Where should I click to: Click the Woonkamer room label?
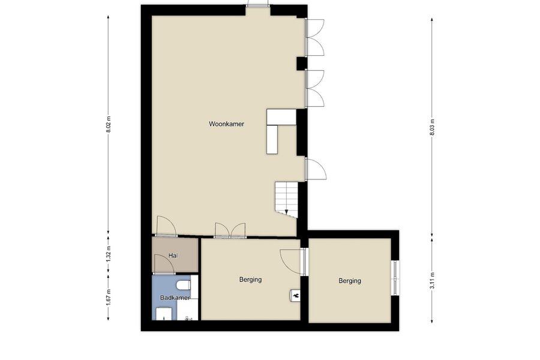226,124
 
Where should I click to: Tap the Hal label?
173,256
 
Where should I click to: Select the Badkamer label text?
175,298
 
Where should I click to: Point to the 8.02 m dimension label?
109,124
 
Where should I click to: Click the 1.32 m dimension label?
109,254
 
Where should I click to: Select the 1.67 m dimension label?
109,296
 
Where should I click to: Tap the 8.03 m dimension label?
432,127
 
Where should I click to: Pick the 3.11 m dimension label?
432,281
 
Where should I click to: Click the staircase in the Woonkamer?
286,200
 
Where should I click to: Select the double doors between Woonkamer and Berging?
230,230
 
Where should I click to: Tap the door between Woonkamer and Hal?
166,226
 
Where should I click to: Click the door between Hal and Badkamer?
164,265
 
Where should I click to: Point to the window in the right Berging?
395,278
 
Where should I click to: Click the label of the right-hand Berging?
350,281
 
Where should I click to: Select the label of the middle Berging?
250,280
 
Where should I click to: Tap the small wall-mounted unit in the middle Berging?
295,295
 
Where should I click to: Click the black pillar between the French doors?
302,64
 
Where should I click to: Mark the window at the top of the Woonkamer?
258,6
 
